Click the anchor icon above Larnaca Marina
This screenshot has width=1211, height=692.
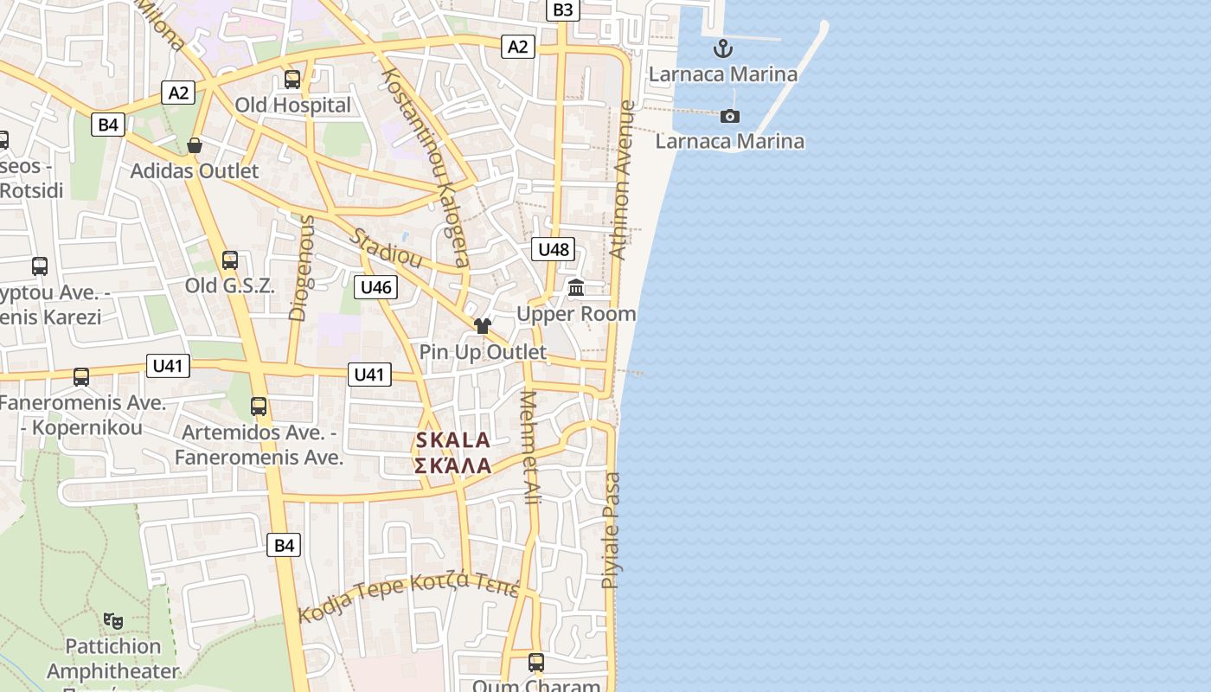click(722, 48)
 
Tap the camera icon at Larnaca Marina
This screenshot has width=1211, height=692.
click(730, 116)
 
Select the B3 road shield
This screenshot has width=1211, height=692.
click(562, 10)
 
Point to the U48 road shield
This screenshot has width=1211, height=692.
click(554, 250)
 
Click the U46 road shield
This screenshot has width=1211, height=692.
click(376, 287)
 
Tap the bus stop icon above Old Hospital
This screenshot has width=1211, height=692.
click(292, 80)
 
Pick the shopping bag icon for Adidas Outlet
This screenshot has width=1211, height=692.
click(195, 145)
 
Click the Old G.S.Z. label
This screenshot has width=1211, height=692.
click(229, 285)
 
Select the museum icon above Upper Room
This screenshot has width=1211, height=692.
click(576, 287)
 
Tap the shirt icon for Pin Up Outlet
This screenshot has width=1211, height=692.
click(483, 326)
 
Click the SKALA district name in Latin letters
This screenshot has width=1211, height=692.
click(453, 440)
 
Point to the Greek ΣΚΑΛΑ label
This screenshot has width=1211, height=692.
click(453, 466)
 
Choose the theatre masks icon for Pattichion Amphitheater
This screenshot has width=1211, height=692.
click(113, 620)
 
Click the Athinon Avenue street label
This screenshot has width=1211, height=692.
click(623, 180)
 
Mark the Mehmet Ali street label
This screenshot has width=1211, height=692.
click(529, 447)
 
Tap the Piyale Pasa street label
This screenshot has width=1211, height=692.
click(611, 530)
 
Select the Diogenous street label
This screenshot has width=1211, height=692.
click(301, 268)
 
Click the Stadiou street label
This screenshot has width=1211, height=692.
click(386, 248)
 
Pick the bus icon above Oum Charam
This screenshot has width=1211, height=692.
click(536, 663)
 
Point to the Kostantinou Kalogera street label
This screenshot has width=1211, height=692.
click(425, 167)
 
